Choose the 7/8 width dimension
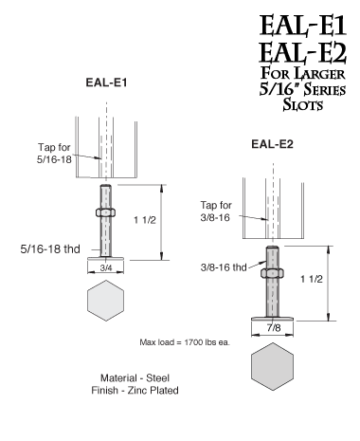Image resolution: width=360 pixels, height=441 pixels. click(273, 326)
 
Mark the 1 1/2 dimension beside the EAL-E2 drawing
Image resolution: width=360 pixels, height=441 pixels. click(345, 282)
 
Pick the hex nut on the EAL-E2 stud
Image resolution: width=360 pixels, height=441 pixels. click(273, 271)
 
